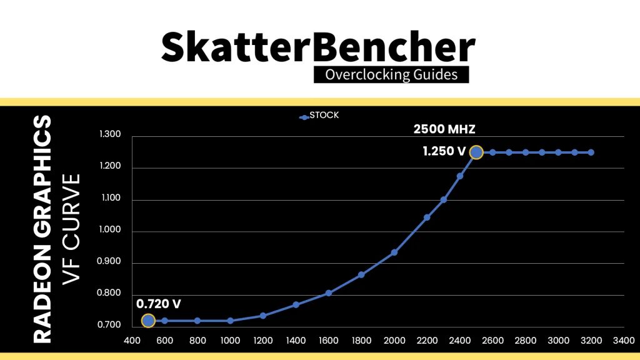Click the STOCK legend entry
tap(320, 116)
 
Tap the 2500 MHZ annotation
tap(444, 130)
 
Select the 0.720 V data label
tap(159, 304)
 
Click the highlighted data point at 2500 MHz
tap(476, 152)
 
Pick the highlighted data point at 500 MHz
tap(148, 321)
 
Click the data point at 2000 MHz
tap(394, 252)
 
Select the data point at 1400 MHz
tap(296, 304)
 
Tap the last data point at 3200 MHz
tap(591, 152)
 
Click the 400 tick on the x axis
tap(132, 341)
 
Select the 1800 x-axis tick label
tap(361, 341)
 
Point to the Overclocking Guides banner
tap(391, 75)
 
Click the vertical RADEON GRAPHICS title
tap(42, 229)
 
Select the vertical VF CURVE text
tap(72, 229)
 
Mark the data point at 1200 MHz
tap(263, 316)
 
